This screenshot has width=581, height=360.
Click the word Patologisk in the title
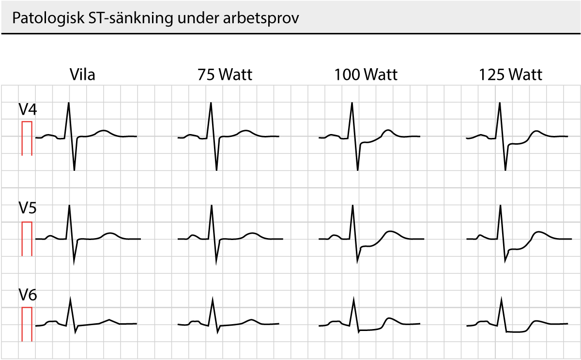tap(48, 18)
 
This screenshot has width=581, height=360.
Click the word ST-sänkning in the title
tap(131, 18)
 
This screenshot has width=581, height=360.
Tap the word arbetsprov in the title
tap(261, 18)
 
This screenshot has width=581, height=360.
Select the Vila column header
tap(82, 75)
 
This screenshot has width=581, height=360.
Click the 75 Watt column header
tap(225, 75)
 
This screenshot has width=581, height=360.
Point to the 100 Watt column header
tap(366, 75)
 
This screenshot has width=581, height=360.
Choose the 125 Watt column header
tap(510, 75)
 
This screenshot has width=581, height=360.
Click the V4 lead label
tap(28, 109)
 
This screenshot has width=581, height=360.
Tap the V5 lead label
tap(28, 208)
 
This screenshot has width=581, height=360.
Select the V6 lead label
tap(28, 295)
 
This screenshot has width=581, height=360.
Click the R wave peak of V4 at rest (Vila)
tap(69, 103)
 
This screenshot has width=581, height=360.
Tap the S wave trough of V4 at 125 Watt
tap(505, 170)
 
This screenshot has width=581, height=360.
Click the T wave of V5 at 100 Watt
tap(390, 231)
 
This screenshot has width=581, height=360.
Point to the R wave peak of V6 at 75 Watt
tap(213, 299)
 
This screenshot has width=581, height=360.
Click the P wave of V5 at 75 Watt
tap(193, 236)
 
